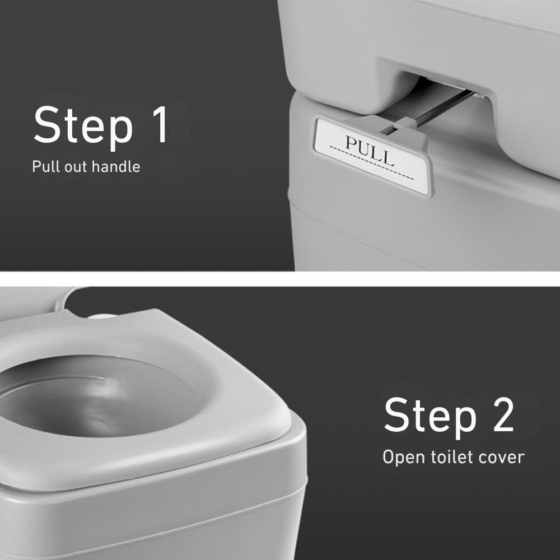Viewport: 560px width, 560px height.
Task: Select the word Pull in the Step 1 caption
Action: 43,166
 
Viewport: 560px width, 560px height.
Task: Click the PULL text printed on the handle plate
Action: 370,150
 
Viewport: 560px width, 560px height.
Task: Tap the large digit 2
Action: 498,416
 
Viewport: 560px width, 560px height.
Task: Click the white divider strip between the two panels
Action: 280,278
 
